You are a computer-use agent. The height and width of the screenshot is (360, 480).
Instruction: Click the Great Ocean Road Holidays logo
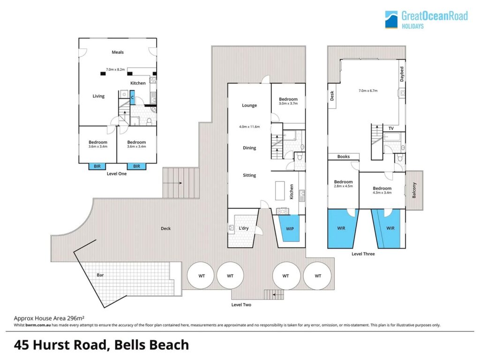426,20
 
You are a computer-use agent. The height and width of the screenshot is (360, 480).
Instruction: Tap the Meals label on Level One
118,52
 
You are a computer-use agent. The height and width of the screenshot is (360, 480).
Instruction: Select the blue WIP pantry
290,228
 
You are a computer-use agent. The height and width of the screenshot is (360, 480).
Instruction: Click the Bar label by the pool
100,275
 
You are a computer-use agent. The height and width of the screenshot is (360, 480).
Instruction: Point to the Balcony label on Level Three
414,190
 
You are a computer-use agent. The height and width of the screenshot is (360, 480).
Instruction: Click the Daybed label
402,74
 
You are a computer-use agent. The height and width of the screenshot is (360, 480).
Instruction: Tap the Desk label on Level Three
332,96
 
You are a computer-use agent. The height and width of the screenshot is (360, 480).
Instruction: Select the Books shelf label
344,157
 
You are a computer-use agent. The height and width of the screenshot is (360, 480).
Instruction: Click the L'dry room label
244,228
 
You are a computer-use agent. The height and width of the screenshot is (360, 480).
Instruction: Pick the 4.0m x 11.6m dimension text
249,127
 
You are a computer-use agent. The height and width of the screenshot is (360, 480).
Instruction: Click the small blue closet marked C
132,97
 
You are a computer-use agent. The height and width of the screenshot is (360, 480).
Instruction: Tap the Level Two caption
241,305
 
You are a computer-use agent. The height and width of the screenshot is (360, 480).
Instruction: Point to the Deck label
165,228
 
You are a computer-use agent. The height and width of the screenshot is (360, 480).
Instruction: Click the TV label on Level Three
391,128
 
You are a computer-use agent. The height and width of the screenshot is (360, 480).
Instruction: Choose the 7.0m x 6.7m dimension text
368,90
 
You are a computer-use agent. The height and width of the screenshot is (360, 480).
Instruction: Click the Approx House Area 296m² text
49,318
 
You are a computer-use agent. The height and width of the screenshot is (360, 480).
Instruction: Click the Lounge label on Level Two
249,105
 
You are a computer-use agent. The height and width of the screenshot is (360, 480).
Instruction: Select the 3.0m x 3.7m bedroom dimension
288,104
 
